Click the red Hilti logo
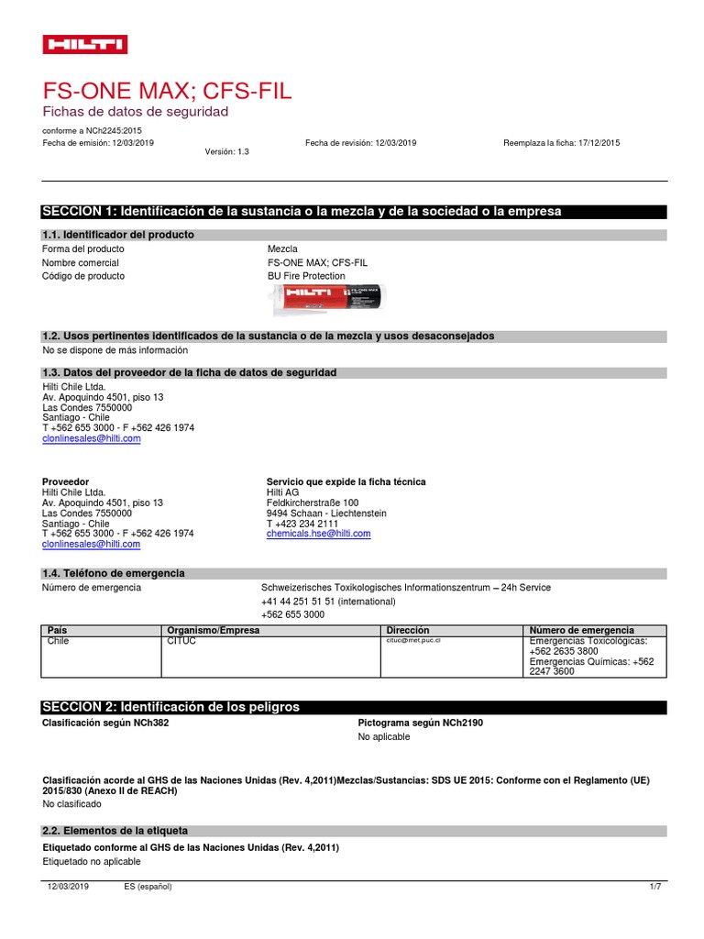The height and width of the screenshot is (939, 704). click(x=85, y=45)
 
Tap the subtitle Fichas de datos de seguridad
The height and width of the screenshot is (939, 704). click(x=136, y=111)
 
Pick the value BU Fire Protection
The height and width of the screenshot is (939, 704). click(x=306, y=276)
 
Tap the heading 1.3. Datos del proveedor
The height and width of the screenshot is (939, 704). click(x=190, y=372)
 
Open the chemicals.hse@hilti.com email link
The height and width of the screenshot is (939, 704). click(x=318, y=534)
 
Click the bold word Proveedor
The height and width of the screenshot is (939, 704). click(x=66, y=481)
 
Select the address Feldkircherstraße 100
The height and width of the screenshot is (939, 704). click(x=313, y=503)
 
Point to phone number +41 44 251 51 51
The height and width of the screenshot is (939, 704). click(x=328, y=602)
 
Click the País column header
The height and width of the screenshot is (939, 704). click(x=58, y=631)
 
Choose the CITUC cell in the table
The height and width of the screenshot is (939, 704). click(x=182, y=641)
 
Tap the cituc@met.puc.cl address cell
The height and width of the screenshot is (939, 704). click(x=412, y=641)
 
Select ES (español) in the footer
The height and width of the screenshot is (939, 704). click(x=148, y=887)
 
